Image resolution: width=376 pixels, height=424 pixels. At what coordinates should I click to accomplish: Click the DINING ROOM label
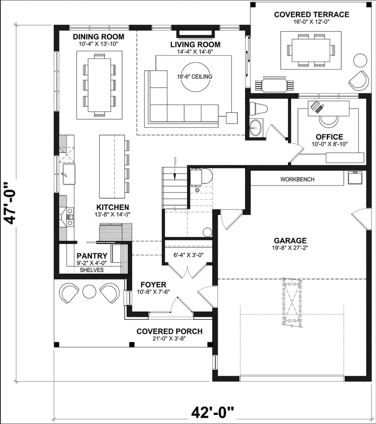click(98, 37)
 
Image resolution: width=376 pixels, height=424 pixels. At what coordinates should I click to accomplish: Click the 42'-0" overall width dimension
click(213, 412)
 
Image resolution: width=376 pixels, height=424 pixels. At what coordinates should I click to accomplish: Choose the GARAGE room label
click(290, 241)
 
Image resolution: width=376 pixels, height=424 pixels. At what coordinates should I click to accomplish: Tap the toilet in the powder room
click(259, 108)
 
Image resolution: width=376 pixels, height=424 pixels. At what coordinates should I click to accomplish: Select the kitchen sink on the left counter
click(68, 174)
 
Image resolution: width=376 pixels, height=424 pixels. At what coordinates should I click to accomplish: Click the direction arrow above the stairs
click(176, 168)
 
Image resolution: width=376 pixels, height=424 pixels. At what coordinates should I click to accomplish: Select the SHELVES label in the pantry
click(91, 270)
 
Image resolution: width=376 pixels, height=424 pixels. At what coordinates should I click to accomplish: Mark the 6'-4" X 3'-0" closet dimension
click(188, 255)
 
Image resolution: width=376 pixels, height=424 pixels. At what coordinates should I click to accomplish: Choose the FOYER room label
click(153, 285)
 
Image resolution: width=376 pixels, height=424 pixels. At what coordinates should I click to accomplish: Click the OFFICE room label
click(329, 137)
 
